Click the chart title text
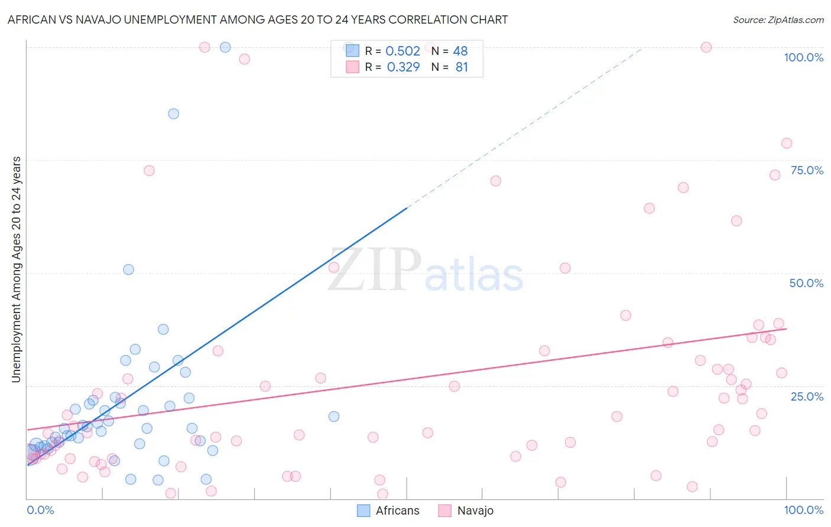pos(258,19)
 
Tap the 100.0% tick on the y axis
pos(803,57)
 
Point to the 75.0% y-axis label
pos(807,170)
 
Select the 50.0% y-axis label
pos(806,283)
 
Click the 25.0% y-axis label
pos(807,396)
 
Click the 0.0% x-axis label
pos(40,510)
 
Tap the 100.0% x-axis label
pos(803,510)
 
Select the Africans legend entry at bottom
pos(389,510)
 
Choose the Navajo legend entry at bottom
pos(466,510)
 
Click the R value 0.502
pos(402,51)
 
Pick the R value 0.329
pos(403,67)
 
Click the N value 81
pos(462,67)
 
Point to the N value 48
pos(460,51)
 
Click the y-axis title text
pos(17,269)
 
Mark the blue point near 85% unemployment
pos(173,113)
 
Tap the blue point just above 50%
pos(128,269)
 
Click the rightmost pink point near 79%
pos(786,143)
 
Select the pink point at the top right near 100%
pos(706,47)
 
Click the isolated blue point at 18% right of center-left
pos(334,417)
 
